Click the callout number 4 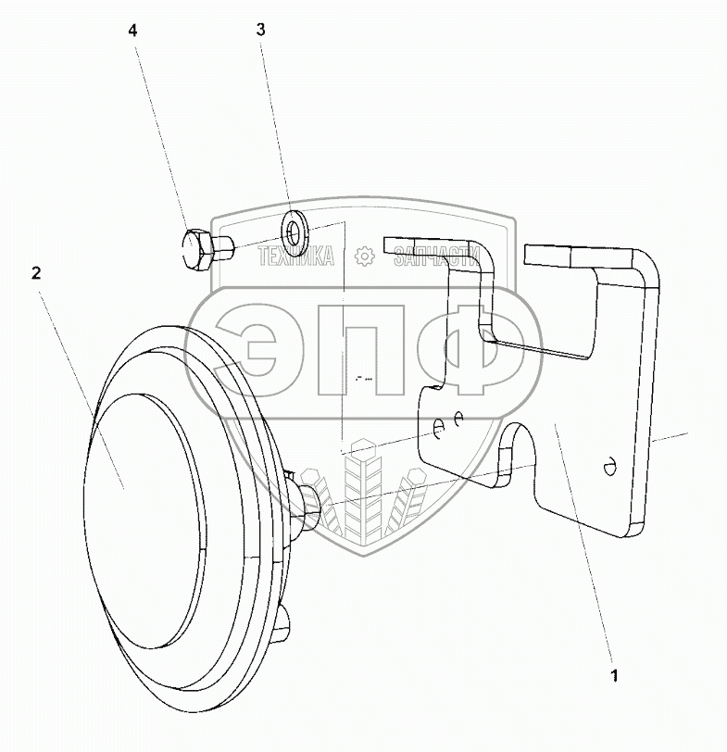point(132,31)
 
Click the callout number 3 point(260,30)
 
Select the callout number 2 point(36,272)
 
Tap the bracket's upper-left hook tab point(445,246)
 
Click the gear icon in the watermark point(364,256)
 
